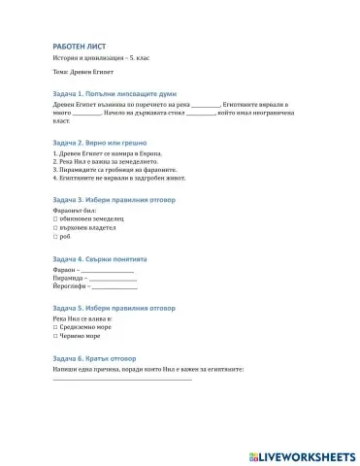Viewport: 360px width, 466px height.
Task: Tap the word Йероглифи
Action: pyautogui.click(x=70, y=287)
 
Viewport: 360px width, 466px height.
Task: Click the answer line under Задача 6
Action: pyautogui.click(x=121, y=379)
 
